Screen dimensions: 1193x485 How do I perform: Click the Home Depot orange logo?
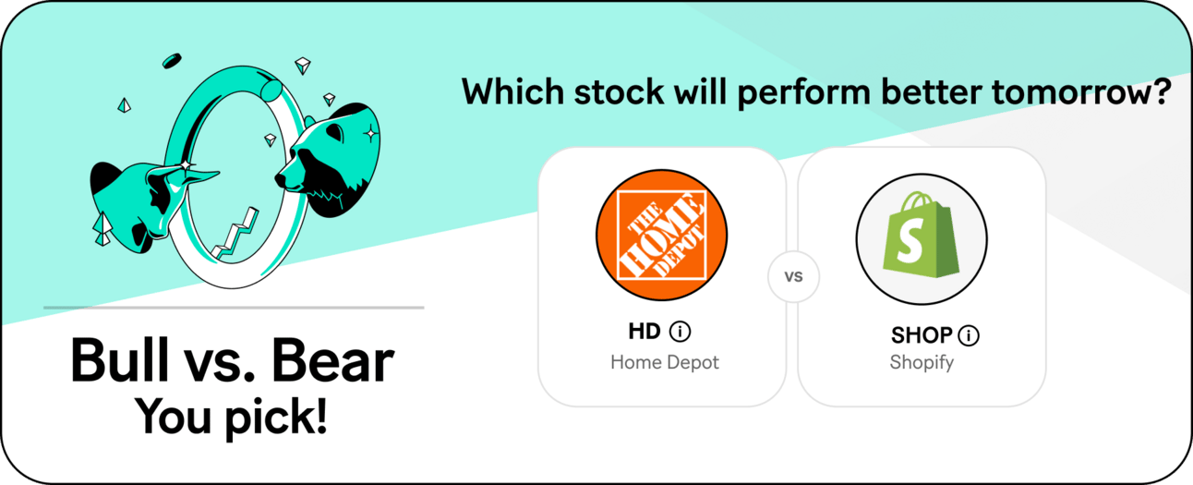point(661,235)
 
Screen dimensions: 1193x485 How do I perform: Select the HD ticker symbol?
point(645,332)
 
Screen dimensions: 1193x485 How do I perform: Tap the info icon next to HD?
point(680,332)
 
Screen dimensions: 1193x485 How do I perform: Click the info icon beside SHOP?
point(969,335)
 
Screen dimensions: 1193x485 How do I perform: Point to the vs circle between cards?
point(793,276)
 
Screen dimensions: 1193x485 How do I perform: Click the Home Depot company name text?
point(665,362)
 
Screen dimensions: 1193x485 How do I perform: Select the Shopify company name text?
point(922,362)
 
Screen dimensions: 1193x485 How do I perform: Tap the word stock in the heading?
point(620,91)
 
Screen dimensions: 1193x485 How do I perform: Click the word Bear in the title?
point(332,360)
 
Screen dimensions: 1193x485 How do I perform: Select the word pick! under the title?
point(275,418)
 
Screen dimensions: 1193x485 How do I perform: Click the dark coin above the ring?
point(172,61)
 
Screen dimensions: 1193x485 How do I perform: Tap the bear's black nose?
point(281,179)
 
